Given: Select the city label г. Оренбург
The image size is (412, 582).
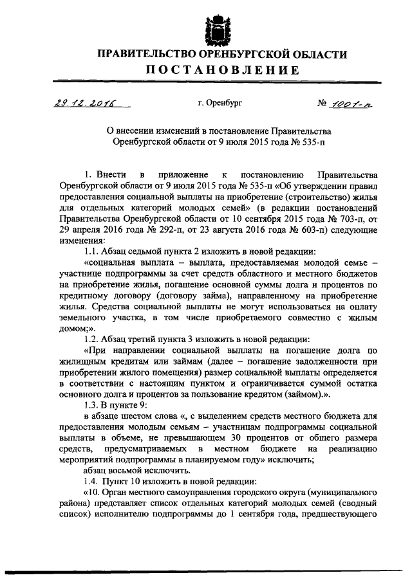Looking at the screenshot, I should pos(220,103).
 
